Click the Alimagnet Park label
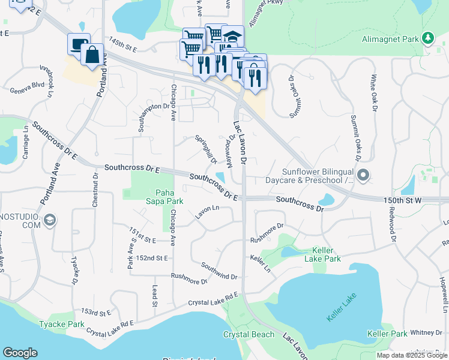pyautogui.click(x=390, y=39)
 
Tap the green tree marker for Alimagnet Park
pyautogui.click(x=427, y=38)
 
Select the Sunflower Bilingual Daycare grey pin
pyautogui.click(x=363, y=175)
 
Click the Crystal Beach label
pyautogui.click(x=249, y=334)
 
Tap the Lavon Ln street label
pyautogui.click(x=207, y=211)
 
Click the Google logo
pyautogui.click(x=20, y=353)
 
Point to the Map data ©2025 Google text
pyautogui.click(x=411, y=355)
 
